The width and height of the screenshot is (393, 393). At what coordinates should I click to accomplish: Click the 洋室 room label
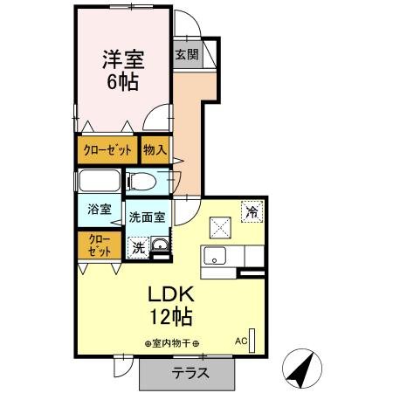click(x=121, y=60)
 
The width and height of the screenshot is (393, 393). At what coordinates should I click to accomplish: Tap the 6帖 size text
click(x=121, y=83)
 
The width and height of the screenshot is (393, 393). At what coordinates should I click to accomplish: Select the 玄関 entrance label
click(x=186, y=54)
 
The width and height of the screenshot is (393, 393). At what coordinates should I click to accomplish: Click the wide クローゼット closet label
click(x=107, y=150)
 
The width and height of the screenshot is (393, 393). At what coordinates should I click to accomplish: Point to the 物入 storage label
click(x=155, y=150)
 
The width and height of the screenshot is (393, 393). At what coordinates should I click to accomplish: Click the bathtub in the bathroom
click(x=99, y=182)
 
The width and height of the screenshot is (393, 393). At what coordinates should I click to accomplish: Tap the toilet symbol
click(x=145, y=182)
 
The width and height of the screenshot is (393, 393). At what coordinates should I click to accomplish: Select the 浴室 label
click(x=99, y=210)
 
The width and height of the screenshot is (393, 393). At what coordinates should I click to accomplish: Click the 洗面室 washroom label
click(x=146, y=217)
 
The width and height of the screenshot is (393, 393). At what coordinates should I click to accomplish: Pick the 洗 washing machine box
click(x=139, y=247)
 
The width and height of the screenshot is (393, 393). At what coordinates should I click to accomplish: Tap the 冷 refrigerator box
click(x=252, y=210)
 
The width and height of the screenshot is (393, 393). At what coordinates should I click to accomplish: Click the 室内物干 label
click(x=172, y=343)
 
